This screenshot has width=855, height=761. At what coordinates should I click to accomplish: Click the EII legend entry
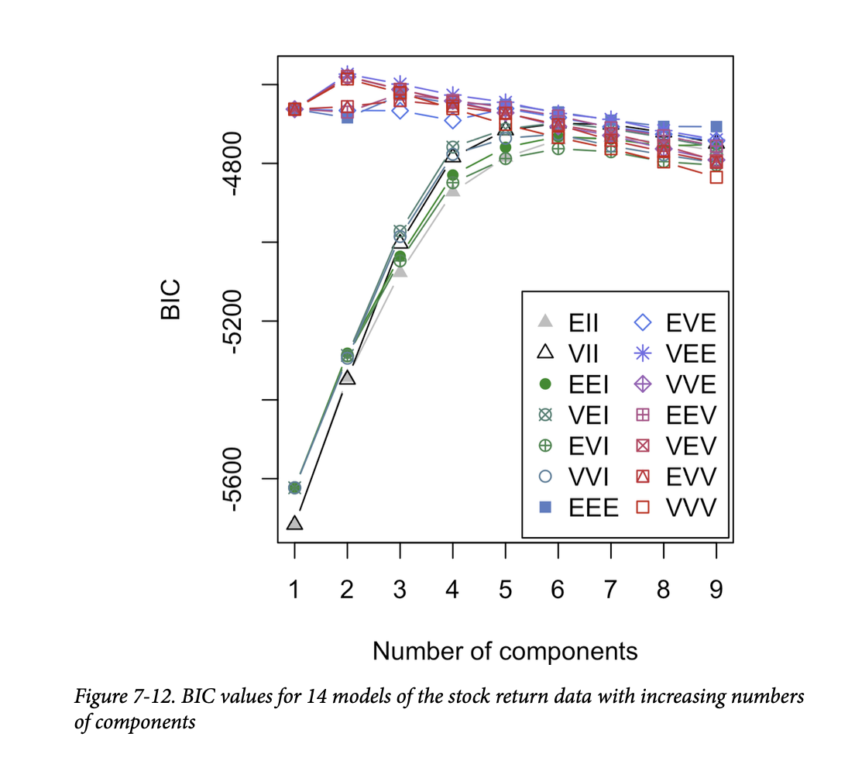click(574, 322)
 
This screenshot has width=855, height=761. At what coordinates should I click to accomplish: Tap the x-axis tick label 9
click(716, 590)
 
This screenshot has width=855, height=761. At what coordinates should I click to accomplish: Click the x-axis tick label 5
click(505, 590)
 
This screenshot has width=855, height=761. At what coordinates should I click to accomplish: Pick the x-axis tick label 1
click(294, 590)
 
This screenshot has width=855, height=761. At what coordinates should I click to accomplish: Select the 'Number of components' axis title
click(505, 651)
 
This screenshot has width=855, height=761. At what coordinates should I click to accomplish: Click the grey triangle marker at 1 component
click(294, 524)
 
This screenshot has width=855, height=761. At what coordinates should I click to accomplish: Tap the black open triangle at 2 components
click(347, 377)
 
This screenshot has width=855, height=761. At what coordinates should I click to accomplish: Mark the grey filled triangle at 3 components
click(400, 270)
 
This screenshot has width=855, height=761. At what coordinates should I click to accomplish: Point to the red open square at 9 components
click(716, 177)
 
